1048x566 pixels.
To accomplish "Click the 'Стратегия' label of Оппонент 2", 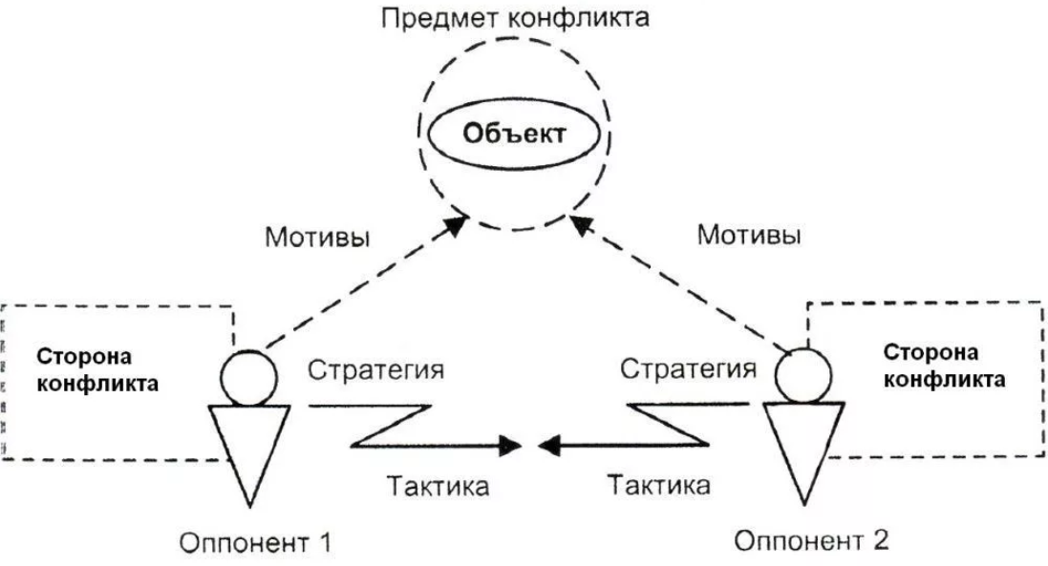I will pyautogui.click(x=687, y=368).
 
